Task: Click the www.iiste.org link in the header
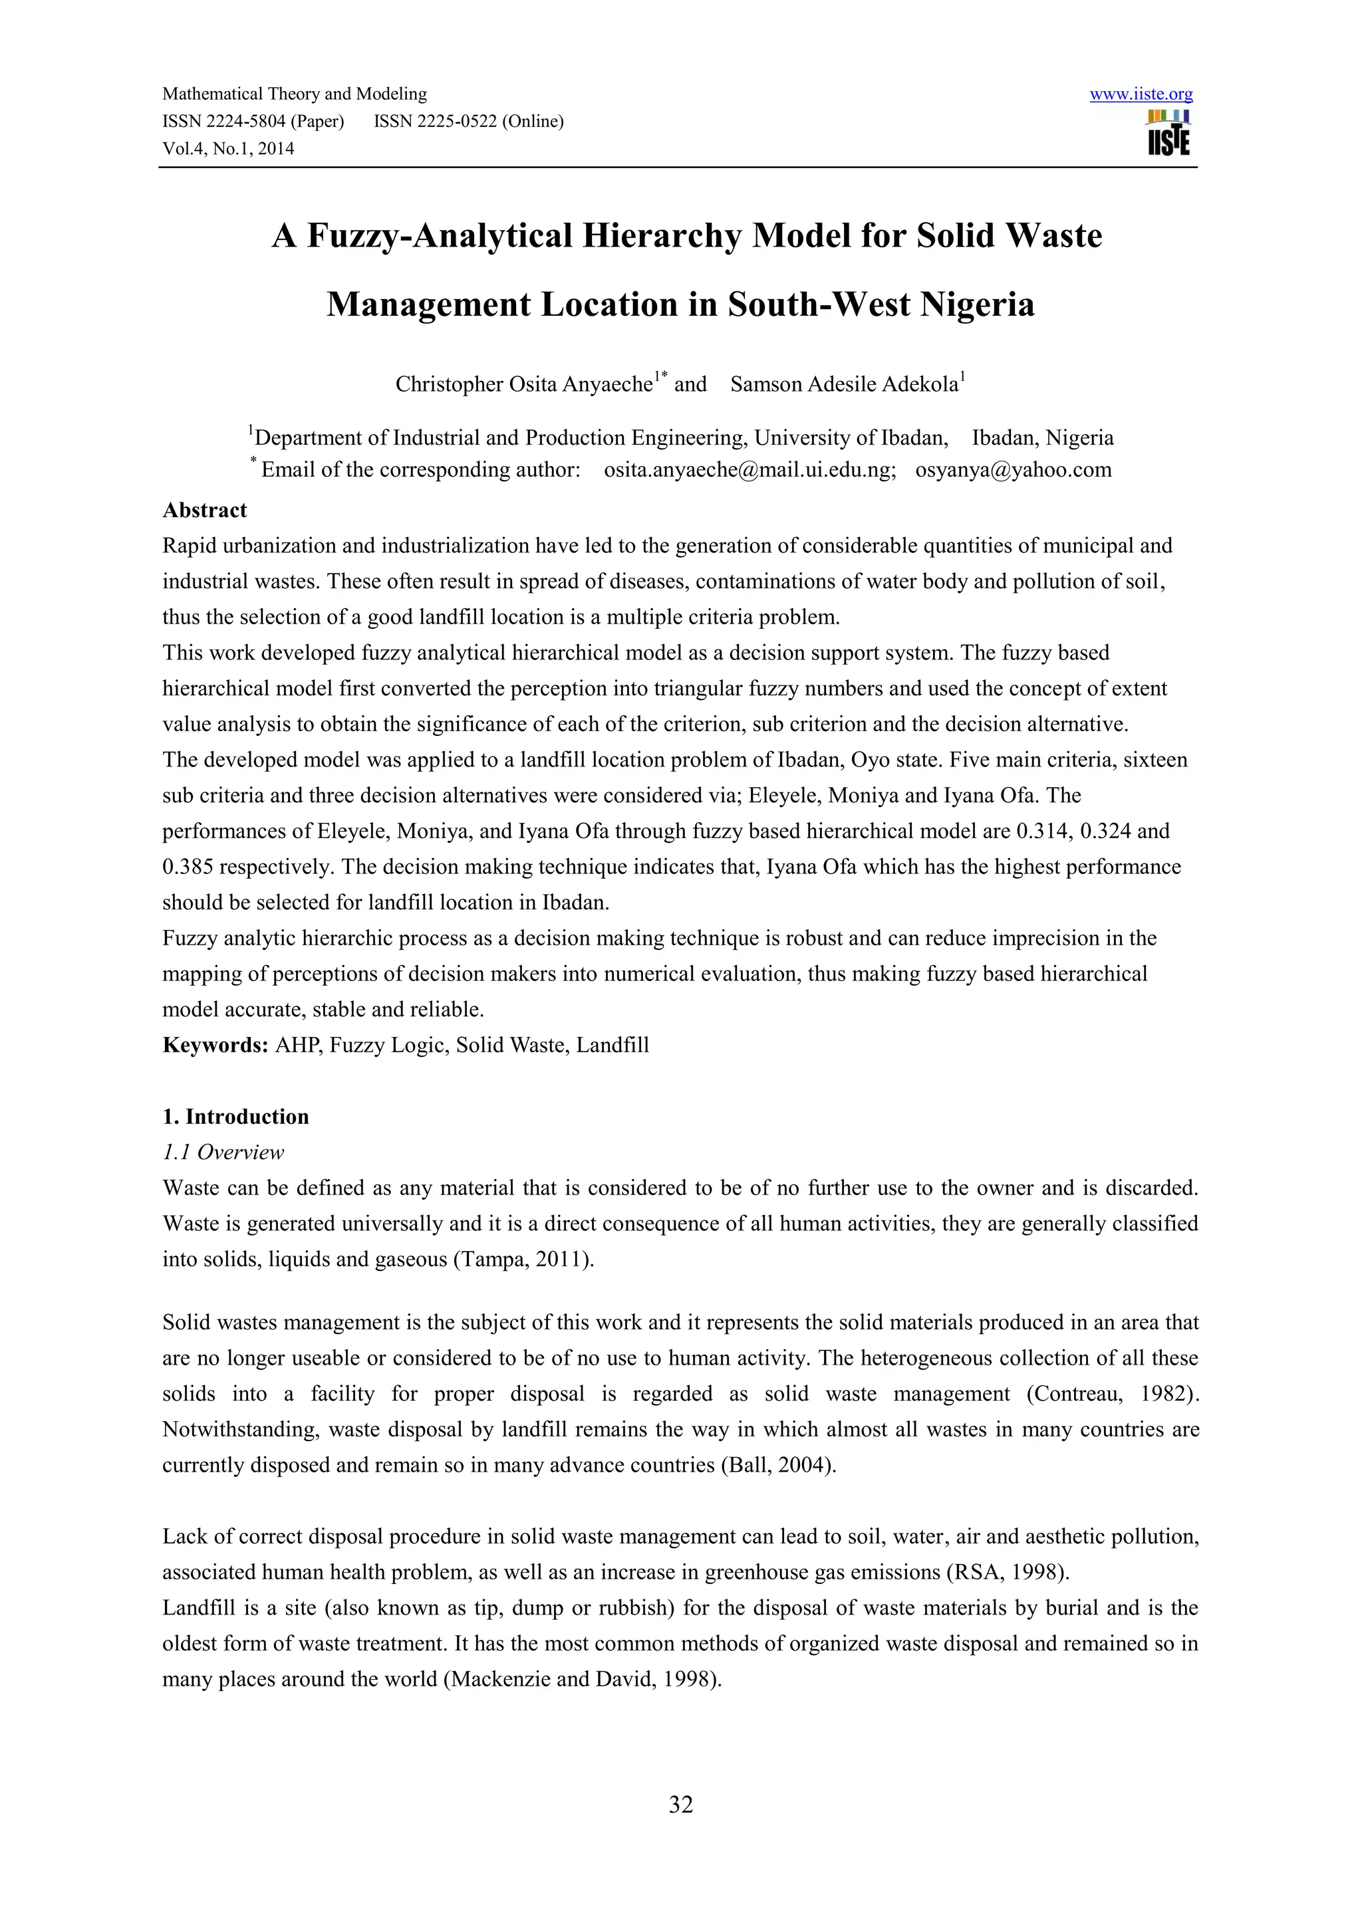pos(1141,95)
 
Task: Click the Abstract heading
pos(205,510)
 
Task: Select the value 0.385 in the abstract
pos(189,867)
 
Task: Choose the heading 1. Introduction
pos(235,1117)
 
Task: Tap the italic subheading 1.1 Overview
pos(223,1153)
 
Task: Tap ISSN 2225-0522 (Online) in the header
pos(469,122)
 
